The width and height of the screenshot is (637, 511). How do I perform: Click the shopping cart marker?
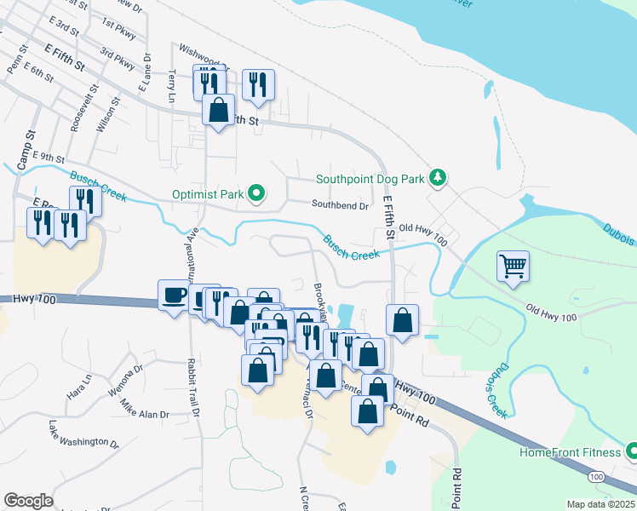click(514, 267)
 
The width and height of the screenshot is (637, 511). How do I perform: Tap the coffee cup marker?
click(175, 296)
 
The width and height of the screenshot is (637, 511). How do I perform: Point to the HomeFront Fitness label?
click(572, 451)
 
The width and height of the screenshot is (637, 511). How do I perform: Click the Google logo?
click(27, 501)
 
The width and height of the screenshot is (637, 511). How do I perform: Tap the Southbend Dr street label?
click(340, 205)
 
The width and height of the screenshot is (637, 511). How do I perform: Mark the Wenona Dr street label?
click(125, 375)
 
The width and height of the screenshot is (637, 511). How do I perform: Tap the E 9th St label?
click(49, 158)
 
